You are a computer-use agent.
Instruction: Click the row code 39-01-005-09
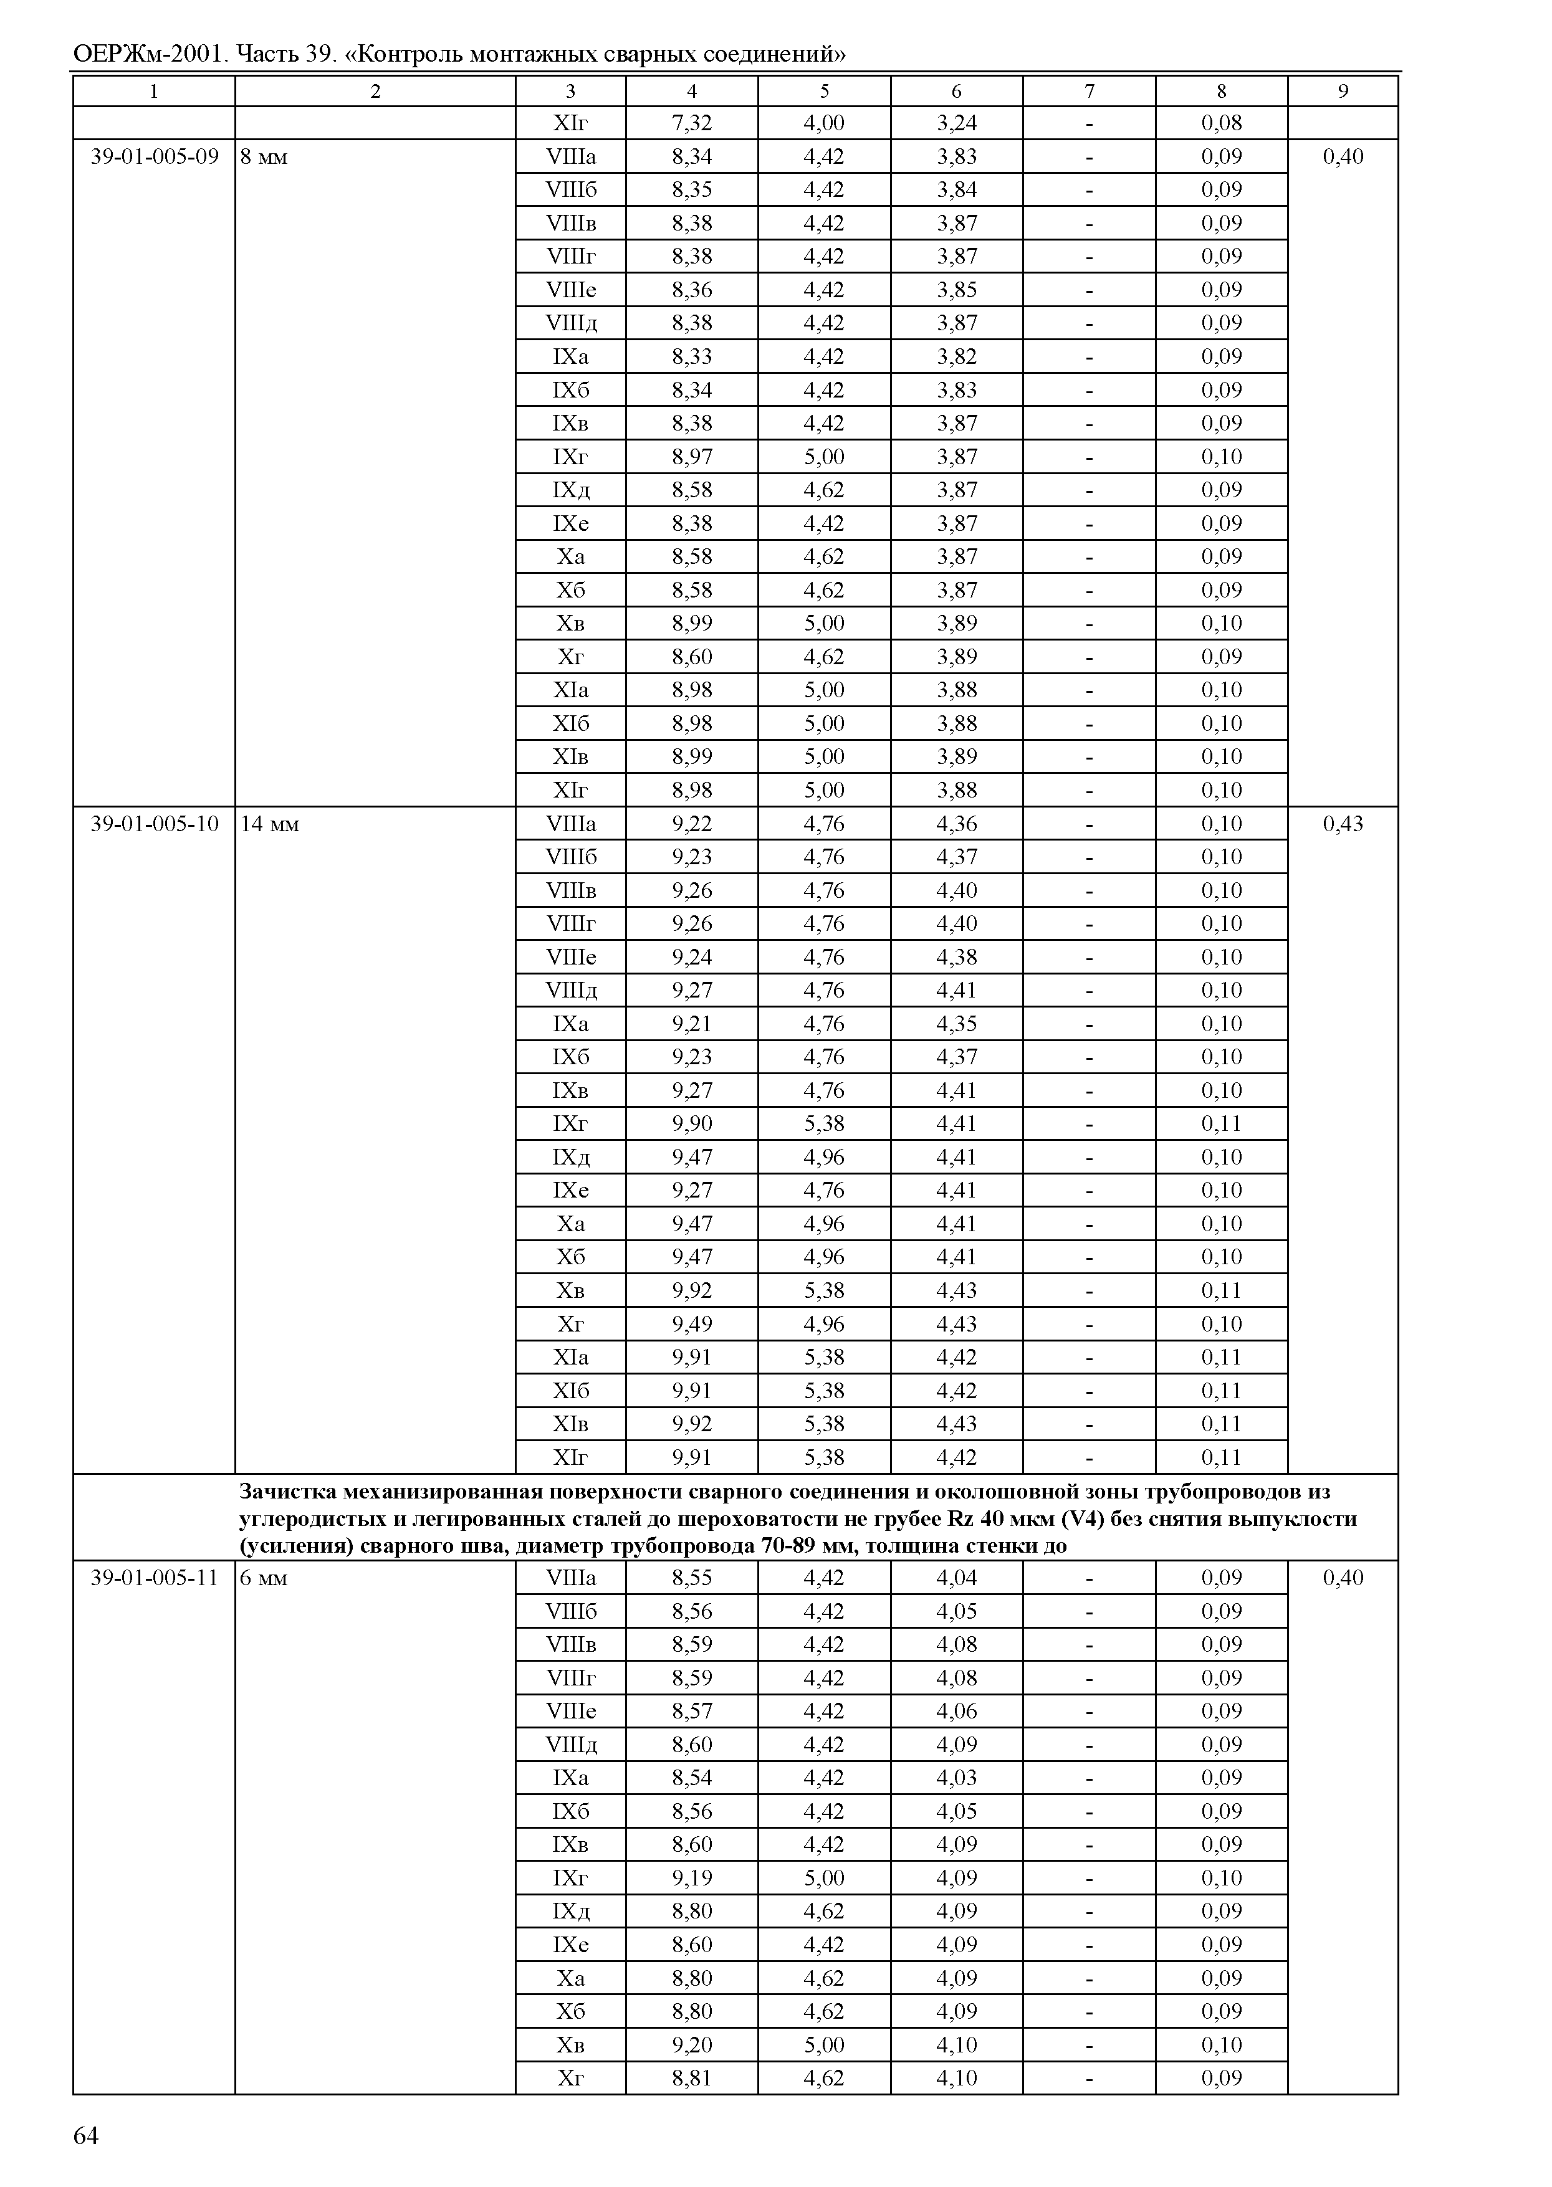pyautogui.click(x=155, y=156)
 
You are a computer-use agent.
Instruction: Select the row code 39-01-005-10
pyautogui.click(x=155, y=824)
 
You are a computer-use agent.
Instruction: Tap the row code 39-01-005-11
pyautogui.click(x=155, y=1578)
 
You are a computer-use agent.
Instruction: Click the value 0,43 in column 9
pyautogui.click(x=1343, y=824)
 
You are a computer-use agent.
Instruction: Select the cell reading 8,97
pyautogui.click(x=692, y=457)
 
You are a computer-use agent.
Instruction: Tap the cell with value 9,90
pyautogui.click(x=692, y=1123)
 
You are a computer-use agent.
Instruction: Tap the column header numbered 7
pyautogui.click(x=1090, y=92)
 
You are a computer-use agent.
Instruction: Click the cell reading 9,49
pyautogui.click(x=692, y=1323)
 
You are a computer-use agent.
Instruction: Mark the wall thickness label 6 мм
pyautogui.click(x=264, y=1578)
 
